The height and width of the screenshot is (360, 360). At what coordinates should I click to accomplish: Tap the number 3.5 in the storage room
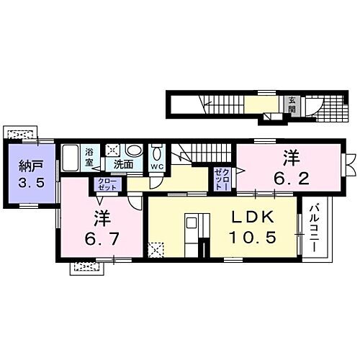click(31, 184)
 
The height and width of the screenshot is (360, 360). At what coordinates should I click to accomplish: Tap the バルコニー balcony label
click(315, 228)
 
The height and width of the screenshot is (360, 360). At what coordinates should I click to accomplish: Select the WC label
click(157, 166)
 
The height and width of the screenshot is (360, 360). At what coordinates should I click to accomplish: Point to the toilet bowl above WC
click(157, 153)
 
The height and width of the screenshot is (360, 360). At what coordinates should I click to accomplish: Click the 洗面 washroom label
click(123, 163)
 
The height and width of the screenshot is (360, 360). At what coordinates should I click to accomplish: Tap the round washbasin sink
click(134, 150)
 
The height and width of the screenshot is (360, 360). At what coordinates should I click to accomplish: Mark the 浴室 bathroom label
click(90, 157)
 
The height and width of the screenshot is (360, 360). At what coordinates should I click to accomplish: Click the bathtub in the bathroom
click(71, 157)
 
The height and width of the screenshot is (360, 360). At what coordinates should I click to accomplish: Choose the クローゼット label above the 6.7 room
click(106, 184)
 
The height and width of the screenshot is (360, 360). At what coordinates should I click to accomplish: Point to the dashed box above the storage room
click(19, 133)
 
